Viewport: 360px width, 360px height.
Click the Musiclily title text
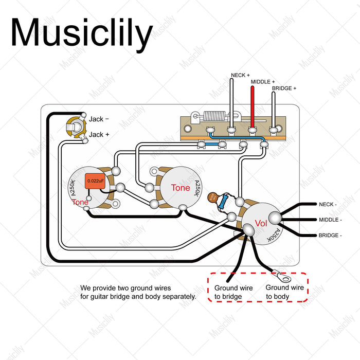[x=81, y=32]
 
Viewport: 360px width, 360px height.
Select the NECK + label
[x=240, y=76]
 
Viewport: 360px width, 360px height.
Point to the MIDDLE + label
[x=263, y=82]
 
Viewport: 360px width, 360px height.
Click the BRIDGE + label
[x=284, y=89]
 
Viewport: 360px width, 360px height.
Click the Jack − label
[x=99, y=119]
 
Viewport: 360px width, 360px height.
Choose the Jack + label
[x=99, y=135]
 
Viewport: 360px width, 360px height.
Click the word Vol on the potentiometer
[x=261, y=223]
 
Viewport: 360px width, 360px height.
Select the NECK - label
[x=328, y=204]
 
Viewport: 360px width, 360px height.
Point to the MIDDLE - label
[x=330, y=220]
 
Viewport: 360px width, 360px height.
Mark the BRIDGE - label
[x=330, y=236]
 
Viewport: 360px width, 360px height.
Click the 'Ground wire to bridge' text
[x=233, y=292]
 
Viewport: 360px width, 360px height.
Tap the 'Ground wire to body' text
[x=285, y=292]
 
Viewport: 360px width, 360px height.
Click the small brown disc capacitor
[x=212, y=197]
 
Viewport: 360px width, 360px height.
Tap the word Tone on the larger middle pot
[x=181, y=188]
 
